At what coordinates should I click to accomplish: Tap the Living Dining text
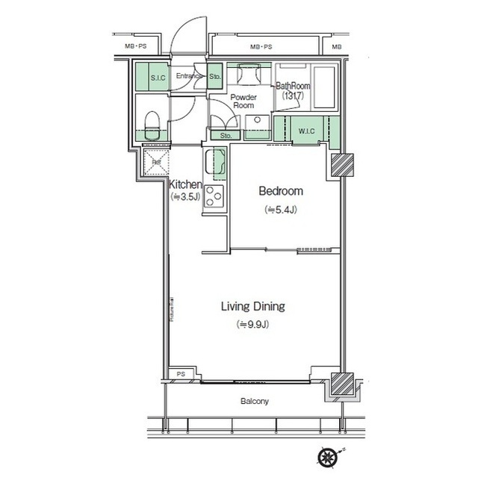coord(253,306)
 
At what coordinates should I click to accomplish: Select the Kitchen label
coord(184,184)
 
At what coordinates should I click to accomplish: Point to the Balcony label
coord(255,402)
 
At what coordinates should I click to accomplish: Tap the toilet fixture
coord(152,124)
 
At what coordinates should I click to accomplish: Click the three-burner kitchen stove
coord(214,197)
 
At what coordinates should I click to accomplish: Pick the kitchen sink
coord(215,162)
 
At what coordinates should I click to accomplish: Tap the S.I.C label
coord(158,78)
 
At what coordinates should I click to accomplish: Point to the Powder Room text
coord(243,102)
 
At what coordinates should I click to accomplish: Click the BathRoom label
coord(293,87)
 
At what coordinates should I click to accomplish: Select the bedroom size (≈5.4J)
coord(281,210)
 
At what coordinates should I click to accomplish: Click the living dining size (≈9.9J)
coord(253,324)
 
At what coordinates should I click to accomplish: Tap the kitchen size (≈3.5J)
coord(184,197)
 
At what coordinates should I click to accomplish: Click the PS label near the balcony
coord(180,374)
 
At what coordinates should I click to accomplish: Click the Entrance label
coord(190,76)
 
